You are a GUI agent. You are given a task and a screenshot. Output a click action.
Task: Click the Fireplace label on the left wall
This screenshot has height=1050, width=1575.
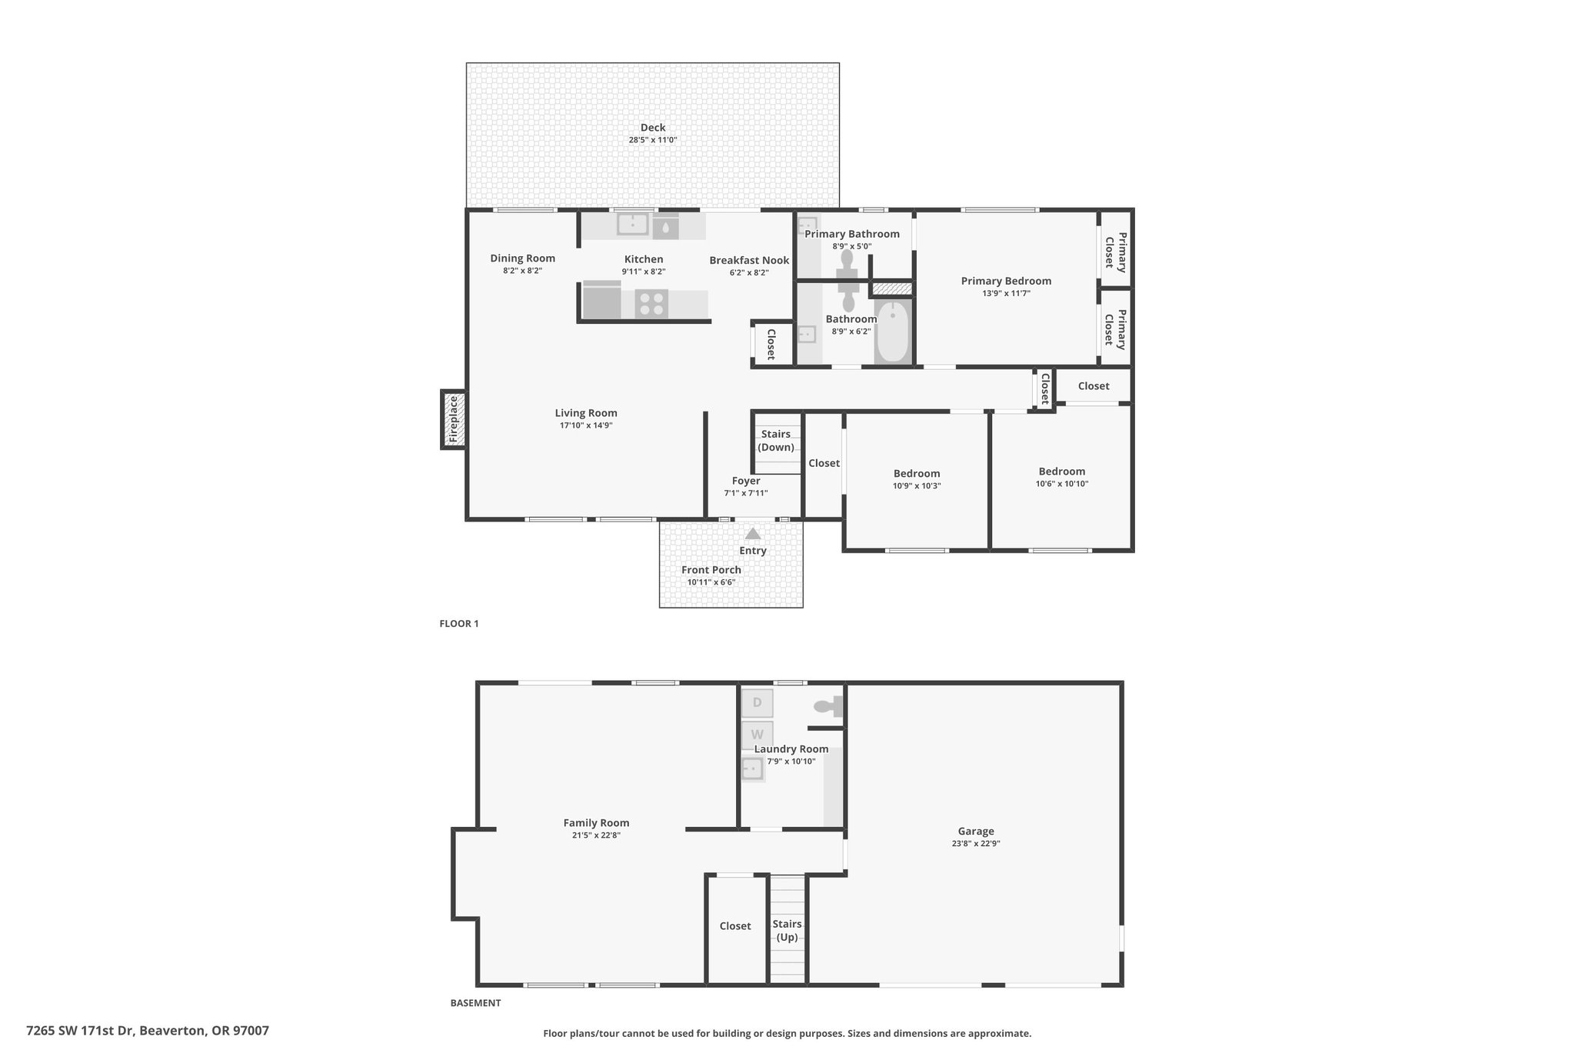point(453,418)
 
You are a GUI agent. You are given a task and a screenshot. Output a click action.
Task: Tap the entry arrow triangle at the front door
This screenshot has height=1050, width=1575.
point(753,533)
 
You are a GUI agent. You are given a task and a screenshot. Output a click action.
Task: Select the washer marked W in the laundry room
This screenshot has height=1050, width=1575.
point(757,735)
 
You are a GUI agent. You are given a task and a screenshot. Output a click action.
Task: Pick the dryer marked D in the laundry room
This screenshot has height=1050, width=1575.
point(757,702)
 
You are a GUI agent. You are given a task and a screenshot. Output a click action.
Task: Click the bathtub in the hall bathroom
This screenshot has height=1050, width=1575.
point(892,333)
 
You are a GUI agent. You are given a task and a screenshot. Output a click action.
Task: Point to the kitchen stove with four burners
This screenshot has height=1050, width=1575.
point(651,304)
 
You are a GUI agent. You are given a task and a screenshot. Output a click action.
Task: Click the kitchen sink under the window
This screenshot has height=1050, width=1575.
point(633,225)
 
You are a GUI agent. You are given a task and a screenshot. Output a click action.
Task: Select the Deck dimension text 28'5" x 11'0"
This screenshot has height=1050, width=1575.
point(653,140)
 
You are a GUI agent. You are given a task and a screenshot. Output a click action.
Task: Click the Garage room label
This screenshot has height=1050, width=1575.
point(976,831)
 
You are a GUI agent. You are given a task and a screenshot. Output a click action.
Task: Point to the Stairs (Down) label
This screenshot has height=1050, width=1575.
point(776,441)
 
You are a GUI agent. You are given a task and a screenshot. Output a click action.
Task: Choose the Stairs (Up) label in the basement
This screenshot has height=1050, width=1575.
point(787,930)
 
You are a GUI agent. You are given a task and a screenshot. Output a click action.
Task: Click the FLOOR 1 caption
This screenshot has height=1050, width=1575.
point(459,624)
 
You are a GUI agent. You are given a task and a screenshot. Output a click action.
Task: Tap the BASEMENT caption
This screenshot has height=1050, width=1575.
point(475,1003)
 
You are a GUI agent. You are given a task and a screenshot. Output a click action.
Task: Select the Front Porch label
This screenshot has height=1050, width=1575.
point(711,570)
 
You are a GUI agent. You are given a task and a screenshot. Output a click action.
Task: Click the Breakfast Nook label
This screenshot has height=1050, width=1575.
point(749,260)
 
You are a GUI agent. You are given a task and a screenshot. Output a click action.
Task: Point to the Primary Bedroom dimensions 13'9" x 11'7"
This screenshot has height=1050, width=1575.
point(1006,293)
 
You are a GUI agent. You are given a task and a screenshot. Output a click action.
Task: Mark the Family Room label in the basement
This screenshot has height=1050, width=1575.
point(596,823)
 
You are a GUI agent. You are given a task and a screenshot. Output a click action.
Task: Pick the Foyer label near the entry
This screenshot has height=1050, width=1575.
point(746,481)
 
